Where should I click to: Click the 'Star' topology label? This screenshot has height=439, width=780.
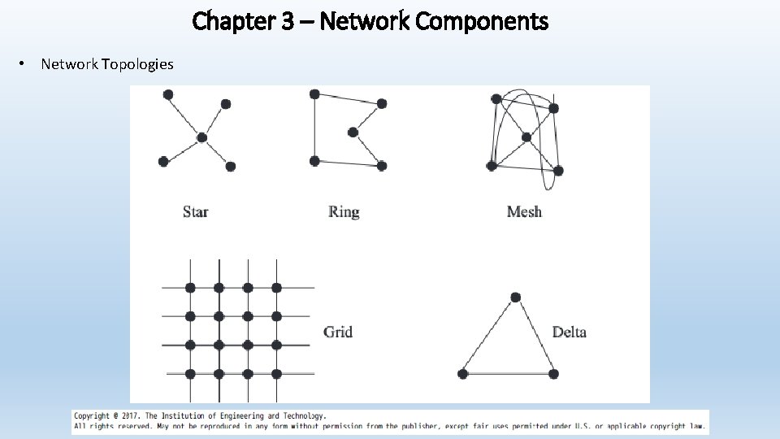196,212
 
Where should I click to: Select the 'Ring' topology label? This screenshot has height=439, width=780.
344,212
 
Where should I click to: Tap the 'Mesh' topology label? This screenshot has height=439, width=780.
524,212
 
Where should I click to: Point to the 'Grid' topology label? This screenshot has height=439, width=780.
338,332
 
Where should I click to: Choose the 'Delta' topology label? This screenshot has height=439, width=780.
569,332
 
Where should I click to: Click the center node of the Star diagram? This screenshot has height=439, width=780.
201,137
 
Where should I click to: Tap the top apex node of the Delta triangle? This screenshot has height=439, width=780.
515,298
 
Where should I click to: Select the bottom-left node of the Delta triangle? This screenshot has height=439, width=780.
463,374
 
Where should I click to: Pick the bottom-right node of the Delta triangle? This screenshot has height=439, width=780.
554,374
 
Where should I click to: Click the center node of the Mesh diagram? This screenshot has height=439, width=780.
526,137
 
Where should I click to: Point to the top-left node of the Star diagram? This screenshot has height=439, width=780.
168,94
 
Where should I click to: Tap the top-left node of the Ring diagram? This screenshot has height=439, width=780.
314,94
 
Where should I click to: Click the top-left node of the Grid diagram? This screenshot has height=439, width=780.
190,288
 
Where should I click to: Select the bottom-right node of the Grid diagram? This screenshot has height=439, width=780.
276,374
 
